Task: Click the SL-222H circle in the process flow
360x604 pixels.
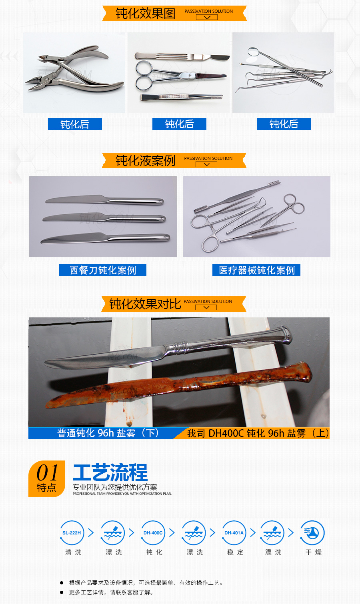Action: click(x=72, y=532)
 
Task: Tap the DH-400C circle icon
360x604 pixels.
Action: click(x=153, y=532)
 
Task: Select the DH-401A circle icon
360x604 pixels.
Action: click(x=234, y=532)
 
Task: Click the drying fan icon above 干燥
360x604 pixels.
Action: click(x=312, y=532)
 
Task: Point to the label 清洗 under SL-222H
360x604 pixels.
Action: click(x=73, y=552)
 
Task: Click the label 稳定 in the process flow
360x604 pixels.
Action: click(x=235, y=552)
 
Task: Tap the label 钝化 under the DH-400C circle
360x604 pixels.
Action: click(x=154, y=552)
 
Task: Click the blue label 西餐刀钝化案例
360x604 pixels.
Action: click(x=103, y=270)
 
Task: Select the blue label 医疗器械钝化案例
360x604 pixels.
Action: click(x=256, y=270)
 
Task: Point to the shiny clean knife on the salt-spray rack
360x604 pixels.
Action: click(x=167, y=348)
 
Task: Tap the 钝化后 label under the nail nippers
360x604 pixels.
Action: click(x=75, y=124)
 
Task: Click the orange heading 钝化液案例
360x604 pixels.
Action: click(x=146, y=161)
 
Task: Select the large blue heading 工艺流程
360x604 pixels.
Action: click(x=110, y=472)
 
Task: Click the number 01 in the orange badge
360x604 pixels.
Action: click(x=47, y=472)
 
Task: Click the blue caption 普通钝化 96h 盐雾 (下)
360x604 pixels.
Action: click(x=108, y=433)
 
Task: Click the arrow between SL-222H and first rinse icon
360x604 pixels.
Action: click(x=91, y=532)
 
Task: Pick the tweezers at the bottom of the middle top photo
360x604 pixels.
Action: click(x=182, y=97)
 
